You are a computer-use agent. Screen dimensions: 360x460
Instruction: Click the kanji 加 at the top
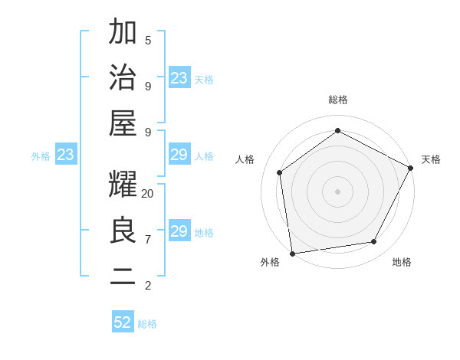point(123,33)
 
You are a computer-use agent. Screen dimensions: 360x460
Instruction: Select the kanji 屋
point(123,123)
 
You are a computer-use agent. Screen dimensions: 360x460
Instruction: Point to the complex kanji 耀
point(123,185)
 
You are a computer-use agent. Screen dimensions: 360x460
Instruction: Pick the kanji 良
point(123,231)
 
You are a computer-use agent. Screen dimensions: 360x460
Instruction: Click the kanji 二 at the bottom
point(123,277)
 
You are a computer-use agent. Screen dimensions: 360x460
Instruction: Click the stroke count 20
point(148,194)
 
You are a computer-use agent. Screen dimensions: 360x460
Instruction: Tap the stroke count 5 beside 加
point(148,40)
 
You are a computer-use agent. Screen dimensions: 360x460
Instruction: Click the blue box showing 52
point(123,322)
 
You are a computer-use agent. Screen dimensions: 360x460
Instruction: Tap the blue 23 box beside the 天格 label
point(179,78)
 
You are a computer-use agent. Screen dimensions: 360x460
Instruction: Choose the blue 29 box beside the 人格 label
point(179,155)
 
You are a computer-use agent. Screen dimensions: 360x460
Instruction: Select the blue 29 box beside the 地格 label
point(179,231)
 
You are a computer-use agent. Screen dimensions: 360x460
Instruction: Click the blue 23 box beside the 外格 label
point(66,155)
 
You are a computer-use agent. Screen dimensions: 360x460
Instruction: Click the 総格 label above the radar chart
point(337,100)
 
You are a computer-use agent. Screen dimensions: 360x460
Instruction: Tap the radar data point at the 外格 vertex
point(292,253)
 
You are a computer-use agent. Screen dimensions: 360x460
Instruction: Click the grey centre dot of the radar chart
point(337,191)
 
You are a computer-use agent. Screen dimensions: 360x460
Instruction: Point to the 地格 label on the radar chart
point(402,262)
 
